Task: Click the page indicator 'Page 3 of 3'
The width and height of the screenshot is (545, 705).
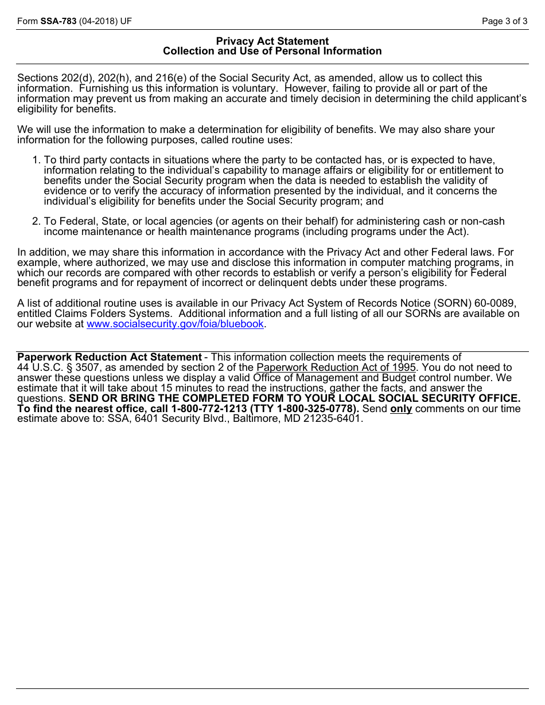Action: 504,21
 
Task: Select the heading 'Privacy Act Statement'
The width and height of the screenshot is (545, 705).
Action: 272,41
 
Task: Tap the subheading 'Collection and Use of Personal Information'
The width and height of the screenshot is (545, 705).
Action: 272,51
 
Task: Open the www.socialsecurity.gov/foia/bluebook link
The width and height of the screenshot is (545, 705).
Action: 175,324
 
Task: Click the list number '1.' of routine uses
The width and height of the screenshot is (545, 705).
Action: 36,160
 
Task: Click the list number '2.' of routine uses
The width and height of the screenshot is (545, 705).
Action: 36,221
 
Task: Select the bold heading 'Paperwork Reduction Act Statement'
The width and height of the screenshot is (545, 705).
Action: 110,357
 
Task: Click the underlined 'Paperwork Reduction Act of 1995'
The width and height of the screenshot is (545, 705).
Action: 336,367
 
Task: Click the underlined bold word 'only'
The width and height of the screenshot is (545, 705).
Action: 401,409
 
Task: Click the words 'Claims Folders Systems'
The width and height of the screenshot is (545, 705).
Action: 112,314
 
